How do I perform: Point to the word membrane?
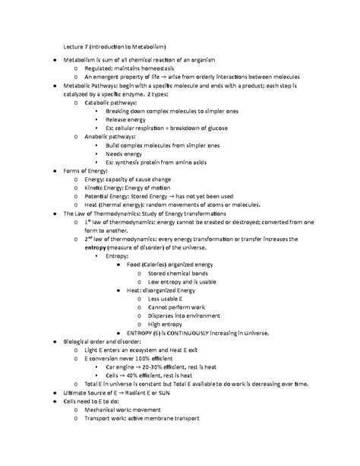169,426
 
